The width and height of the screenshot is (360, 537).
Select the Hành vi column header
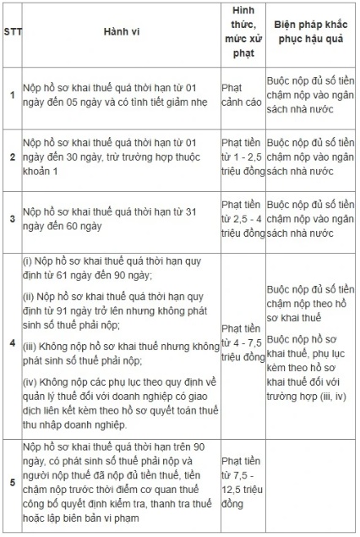[x=116, y=34]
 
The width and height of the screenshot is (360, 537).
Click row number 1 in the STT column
[x=12, y=94]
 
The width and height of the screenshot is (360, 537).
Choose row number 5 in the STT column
[x=12, y=483]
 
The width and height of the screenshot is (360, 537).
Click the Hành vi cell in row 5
[x=116, y=483]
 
